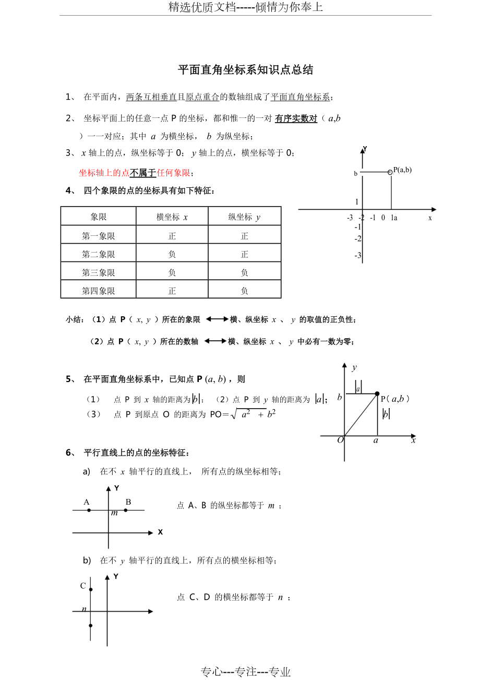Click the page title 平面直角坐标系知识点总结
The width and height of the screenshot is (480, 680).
245,70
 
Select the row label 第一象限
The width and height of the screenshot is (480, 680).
99,236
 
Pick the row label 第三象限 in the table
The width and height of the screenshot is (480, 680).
99,272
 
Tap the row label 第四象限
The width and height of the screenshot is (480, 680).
99,291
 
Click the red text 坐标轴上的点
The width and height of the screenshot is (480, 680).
104,173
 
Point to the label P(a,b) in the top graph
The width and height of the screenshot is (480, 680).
402,170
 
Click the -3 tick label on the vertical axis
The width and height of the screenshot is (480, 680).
357,256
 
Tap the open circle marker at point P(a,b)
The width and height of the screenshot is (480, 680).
390,172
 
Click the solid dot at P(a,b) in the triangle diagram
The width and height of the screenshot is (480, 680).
377,393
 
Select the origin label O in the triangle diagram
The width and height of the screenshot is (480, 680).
340,440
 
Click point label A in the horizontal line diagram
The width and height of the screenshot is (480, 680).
87,502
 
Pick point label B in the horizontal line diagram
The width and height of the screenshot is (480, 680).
128,502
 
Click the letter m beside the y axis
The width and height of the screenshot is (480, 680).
114,513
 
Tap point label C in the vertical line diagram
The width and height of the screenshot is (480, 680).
83,586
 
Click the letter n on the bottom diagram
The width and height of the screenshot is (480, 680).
84,609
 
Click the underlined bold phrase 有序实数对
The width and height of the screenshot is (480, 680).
296,118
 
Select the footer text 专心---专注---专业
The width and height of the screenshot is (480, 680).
246,672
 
